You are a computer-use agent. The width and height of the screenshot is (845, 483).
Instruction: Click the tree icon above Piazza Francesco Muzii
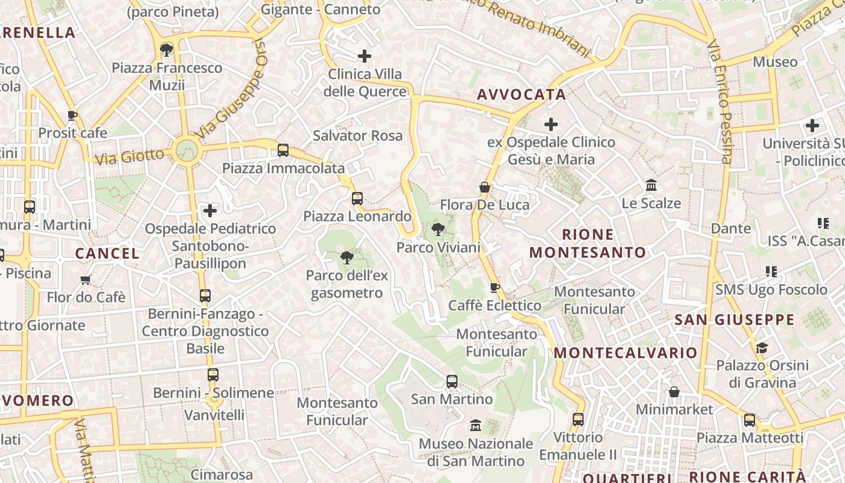coord(167,50)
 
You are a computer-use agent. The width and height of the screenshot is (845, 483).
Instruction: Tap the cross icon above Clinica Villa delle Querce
coord(365,56)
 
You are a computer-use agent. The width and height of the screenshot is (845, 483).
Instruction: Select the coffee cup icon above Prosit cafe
coord(72,115)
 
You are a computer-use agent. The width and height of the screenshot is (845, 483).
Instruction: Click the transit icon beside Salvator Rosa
coord(282,150)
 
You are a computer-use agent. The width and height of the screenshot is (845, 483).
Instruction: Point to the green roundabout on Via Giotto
coord(186,150)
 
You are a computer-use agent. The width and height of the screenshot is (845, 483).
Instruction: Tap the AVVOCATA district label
coord(521,94)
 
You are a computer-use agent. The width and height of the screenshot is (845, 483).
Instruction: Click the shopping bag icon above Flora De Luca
coord(484,187)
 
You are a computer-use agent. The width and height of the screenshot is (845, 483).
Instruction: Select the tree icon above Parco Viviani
coord(438,229)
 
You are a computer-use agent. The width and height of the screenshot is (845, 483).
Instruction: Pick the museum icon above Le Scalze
coord(651,185)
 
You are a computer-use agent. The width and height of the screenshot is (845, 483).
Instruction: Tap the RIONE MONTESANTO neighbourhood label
coord(587,243)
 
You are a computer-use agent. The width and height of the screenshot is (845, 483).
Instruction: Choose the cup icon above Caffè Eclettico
coord(494,287)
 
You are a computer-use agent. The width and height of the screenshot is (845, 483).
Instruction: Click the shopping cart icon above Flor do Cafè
coord(86,280)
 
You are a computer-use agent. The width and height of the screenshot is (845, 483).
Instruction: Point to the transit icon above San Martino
coord(451,382)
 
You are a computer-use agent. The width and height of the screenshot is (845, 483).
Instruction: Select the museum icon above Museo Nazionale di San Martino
coord(475,426)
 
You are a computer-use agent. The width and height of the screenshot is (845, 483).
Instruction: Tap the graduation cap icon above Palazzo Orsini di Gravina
coord(762,348)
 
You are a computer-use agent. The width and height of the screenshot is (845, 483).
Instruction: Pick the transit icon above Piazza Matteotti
coord(750,420)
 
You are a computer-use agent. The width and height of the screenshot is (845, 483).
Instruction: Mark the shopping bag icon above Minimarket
coord(674,392)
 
